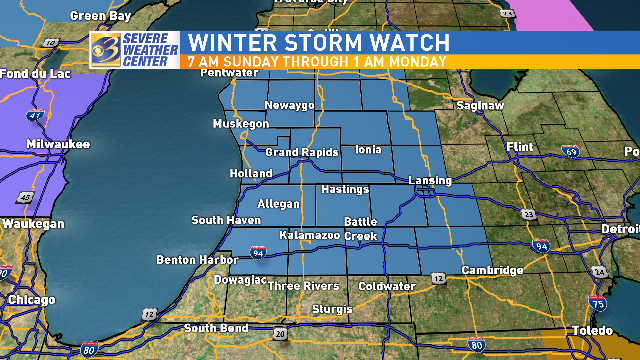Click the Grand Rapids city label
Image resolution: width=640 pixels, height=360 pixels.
(x=301, y=152)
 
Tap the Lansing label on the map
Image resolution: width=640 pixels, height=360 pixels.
(x=429, y=179)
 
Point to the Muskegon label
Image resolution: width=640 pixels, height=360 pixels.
(x=241, y=124)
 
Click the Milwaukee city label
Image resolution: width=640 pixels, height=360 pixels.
(x=57, y=144)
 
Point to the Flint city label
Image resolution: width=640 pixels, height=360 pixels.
(x=520, y=147)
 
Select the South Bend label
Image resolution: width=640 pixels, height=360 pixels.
(x=215, y=328)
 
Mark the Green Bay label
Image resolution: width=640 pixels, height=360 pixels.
(x=99, y=16)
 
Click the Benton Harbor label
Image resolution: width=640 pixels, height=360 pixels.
(x=191, y=260)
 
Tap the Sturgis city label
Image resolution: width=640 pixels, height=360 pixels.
(x=334, y=309)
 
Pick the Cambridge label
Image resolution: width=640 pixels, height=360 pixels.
(x=492, y=271)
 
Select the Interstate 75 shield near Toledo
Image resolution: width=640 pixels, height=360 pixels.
(x=596, y=301)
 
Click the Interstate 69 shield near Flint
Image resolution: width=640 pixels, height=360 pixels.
(x=570, y=151)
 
